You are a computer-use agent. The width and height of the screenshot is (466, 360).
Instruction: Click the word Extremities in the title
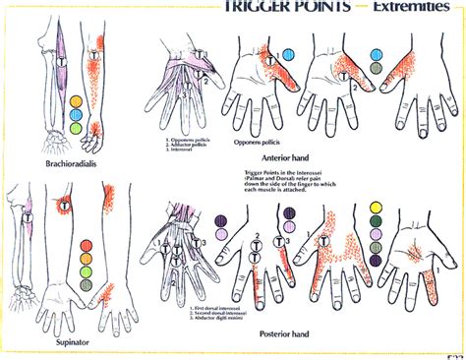tap(413, 7)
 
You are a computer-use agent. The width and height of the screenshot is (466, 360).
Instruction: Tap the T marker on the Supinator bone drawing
tap(24, 214)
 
